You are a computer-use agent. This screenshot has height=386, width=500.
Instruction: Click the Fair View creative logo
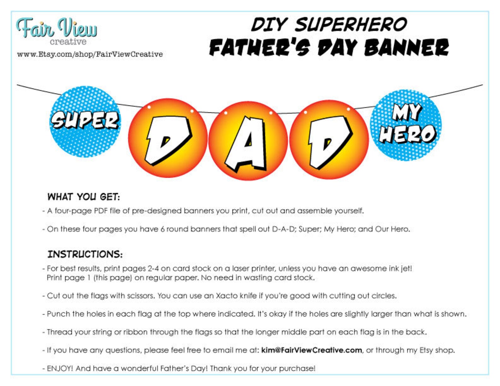click(x=57, y=31)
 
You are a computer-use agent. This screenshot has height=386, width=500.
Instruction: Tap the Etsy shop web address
click(x=90, y=54)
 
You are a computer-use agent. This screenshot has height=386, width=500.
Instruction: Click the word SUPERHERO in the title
click(x=350, y=25)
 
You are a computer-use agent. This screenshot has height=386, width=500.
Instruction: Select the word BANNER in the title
click(x=406, y=48)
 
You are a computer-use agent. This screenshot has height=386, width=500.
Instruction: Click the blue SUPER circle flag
click(x=85, y=121)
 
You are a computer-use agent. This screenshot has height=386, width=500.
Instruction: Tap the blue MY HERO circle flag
click(x=406, y=125)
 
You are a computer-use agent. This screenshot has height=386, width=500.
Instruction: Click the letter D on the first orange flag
click(x=168, y=140)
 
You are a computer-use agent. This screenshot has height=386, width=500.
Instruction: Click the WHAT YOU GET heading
click(x=83, y=197)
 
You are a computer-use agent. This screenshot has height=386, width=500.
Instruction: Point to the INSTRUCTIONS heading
click(x=85, y=254)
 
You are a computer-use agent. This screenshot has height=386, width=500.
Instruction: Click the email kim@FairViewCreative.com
click(x=311, y=350)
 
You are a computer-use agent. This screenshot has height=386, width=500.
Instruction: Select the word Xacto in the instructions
click(x=227, y=296)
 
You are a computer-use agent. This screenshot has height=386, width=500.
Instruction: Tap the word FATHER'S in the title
click(x=260, y=48)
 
